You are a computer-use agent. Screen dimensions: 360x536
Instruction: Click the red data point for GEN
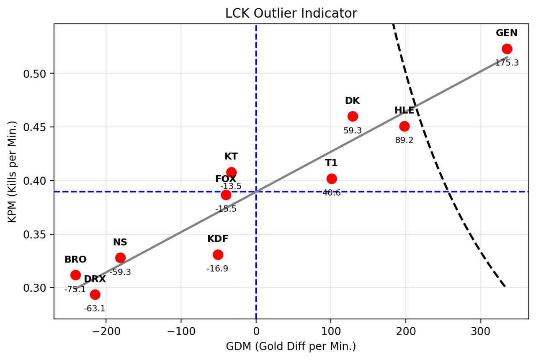pos(507,49)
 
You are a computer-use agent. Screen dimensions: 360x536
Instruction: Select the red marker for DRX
pos(95,294)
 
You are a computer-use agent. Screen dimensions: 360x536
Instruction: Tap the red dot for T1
pos(332,179)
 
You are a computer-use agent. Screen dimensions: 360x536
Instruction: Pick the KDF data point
pos(218,254)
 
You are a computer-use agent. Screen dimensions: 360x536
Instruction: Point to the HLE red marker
pos(404,126)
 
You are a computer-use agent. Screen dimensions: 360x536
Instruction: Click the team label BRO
pos(75,259)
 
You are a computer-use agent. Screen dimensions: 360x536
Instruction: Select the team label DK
pos(352,101)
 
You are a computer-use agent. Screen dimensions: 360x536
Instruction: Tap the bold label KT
pos(231,156)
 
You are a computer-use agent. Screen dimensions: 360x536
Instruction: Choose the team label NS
pos(120,242)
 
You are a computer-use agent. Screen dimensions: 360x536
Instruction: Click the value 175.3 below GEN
pos(507,63)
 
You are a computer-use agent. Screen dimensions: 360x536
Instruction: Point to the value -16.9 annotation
pos(218,269)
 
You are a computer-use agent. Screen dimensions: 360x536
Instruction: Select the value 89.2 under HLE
pos(404,140)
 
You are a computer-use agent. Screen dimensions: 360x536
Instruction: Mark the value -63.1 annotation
pos(95,309)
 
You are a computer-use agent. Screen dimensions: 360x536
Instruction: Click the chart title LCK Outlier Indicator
pos(291,13)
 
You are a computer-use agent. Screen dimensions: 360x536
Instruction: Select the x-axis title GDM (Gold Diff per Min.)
pos(291,347)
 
